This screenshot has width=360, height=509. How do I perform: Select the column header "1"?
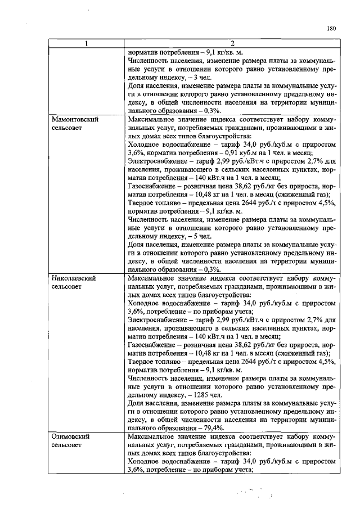tap(86, 44)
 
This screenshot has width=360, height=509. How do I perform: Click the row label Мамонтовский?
tap(72, 120)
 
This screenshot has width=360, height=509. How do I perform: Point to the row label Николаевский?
tap(73, 278)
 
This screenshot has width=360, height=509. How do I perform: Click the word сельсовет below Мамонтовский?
tap(66, 129)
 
